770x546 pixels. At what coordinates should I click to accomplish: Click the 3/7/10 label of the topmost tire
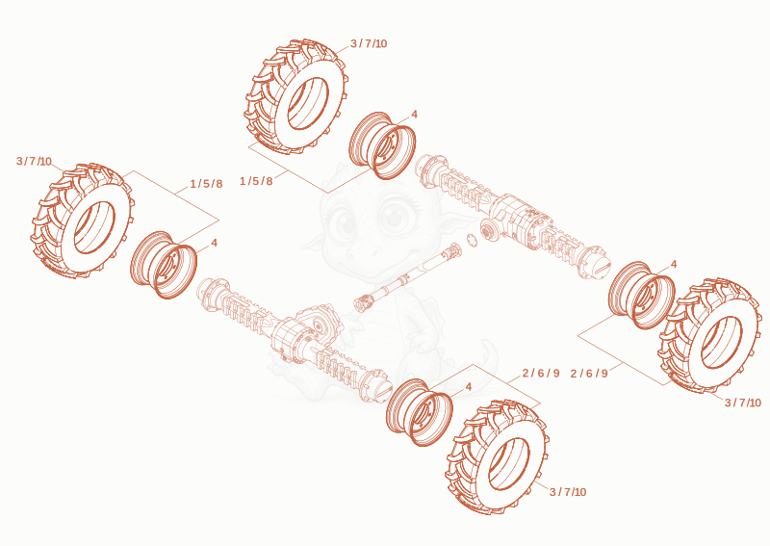369,43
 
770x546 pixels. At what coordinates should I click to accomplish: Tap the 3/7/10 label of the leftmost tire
34,161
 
